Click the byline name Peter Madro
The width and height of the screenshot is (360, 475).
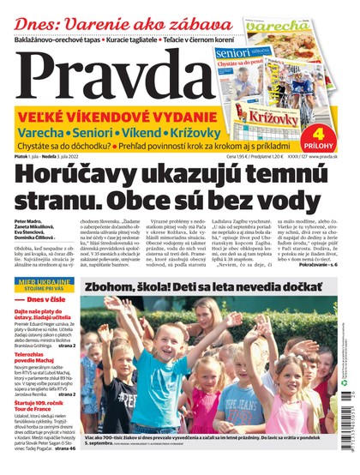pos(28,221)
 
